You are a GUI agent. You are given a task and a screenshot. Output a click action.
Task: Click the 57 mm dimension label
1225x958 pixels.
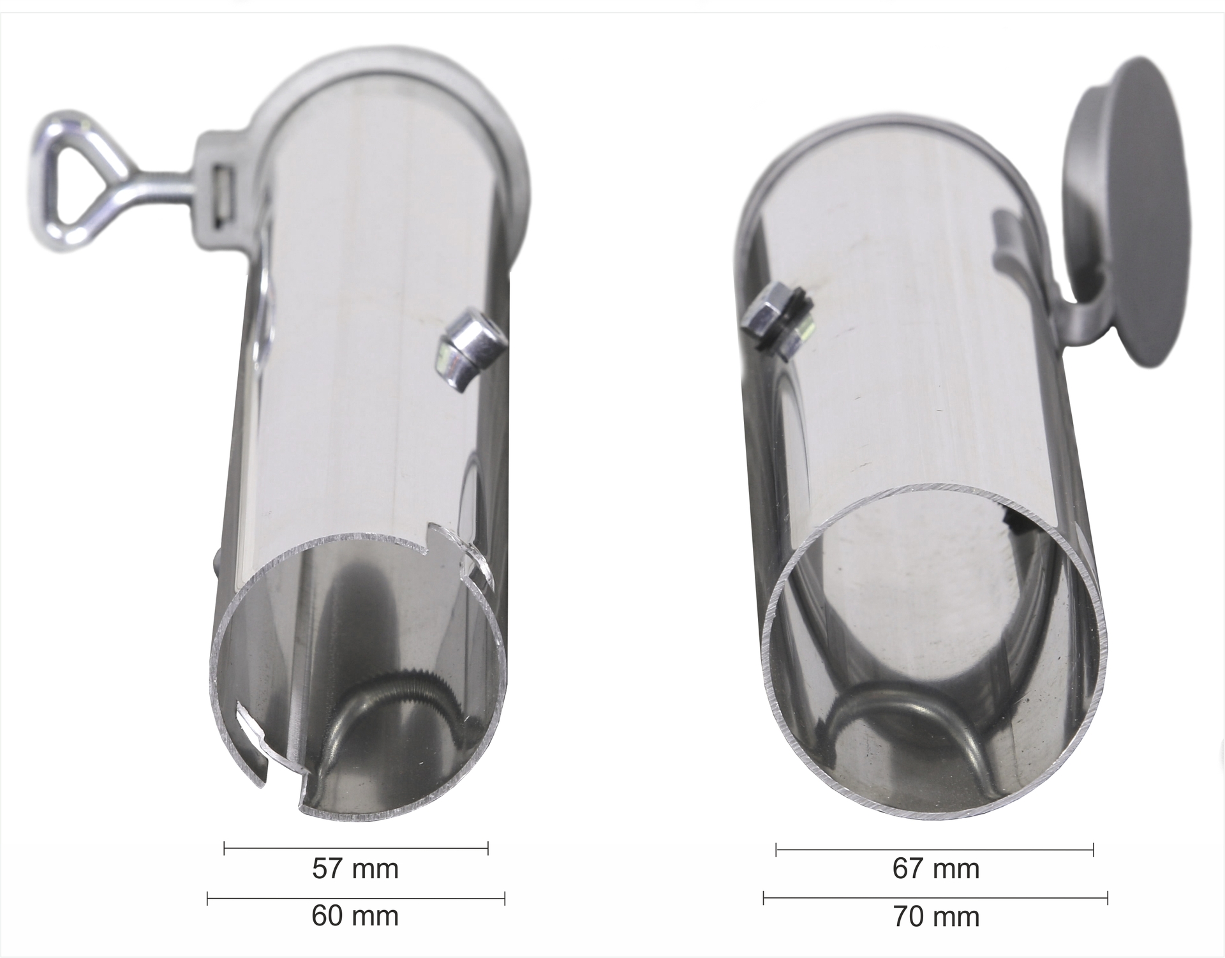[355, 869]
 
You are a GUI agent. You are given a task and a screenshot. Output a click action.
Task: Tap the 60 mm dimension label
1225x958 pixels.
[355, 917]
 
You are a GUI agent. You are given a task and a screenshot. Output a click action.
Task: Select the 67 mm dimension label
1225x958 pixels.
[936, 869]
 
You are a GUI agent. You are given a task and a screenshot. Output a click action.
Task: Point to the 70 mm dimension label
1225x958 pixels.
[936, 917]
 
